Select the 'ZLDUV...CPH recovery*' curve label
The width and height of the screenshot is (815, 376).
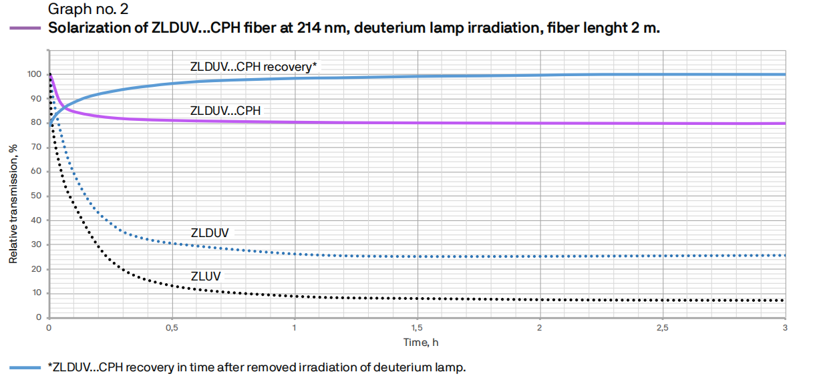click(253, 66)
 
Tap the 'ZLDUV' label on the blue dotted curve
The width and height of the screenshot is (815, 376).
click(210, 233)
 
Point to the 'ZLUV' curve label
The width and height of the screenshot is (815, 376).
click(206, 275)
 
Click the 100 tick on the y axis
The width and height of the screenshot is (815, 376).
click(35, 74)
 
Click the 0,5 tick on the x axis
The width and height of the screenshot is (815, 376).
click(172, 329)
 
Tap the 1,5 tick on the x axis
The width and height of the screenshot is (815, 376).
click(417, 329)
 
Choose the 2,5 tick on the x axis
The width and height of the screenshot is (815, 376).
click(662, 329)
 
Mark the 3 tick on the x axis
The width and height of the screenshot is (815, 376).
click(785, 329)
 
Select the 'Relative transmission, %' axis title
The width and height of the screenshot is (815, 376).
click(13, 202)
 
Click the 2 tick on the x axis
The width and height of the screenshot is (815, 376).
click(539, 329)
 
